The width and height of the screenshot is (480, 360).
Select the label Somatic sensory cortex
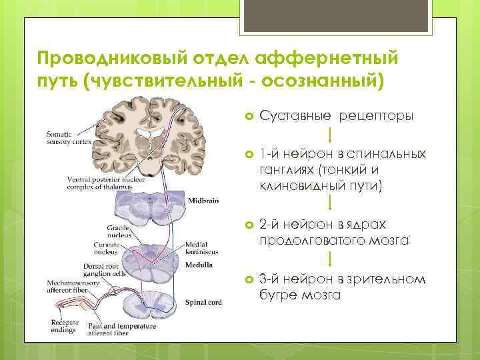[69, 137]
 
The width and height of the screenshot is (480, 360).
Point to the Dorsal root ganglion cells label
[92, 269]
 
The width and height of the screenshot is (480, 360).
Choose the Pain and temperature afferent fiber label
[121, 329]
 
